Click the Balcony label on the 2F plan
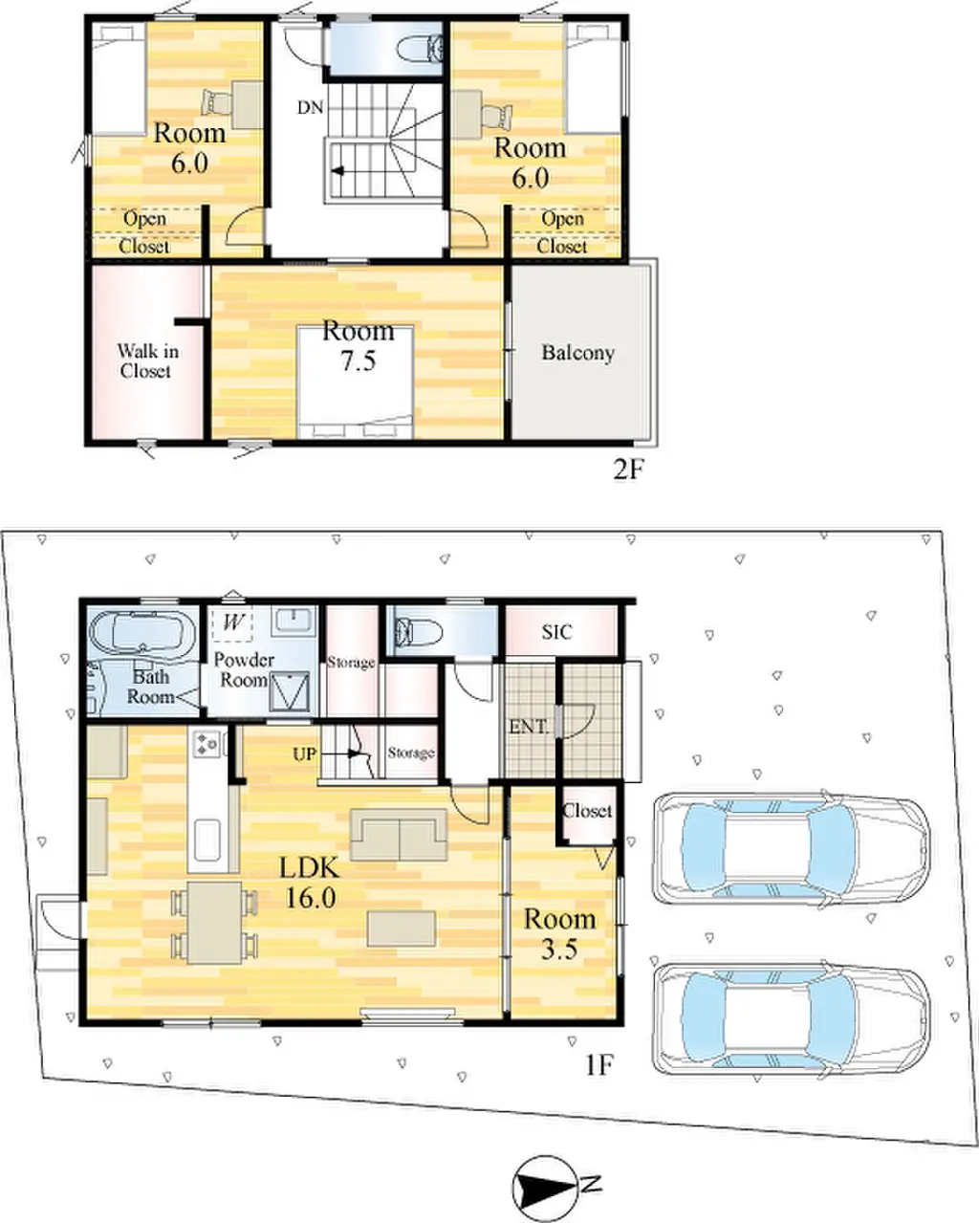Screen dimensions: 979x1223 pos(577,354)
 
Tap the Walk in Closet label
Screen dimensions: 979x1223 pos(147,361)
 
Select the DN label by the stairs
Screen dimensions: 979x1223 pos(310,107)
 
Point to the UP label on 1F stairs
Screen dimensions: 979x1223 pos(305,754)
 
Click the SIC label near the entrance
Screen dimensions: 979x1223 pos(556,632)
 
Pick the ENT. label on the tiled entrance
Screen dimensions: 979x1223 pos(529,727)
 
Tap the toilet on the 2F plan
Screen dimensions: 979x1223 pos(420,48)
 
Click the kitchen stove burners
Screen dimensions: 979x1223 pos(207,744)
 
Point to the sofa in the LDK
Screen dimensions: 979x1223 pos(399,834)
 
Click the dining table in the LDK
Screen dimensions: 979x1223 pos(215,923)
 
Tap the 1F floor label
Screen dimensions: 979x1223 pos(599,1065)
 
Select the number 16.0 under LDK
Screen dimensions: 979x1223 pos(310,898)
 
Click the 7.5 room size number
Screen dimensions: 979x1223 pos(359,360)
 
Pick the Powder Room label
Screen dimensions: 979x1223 pos(244,670)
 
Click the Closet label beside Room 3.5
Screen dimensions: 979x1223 pos(587,812)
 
